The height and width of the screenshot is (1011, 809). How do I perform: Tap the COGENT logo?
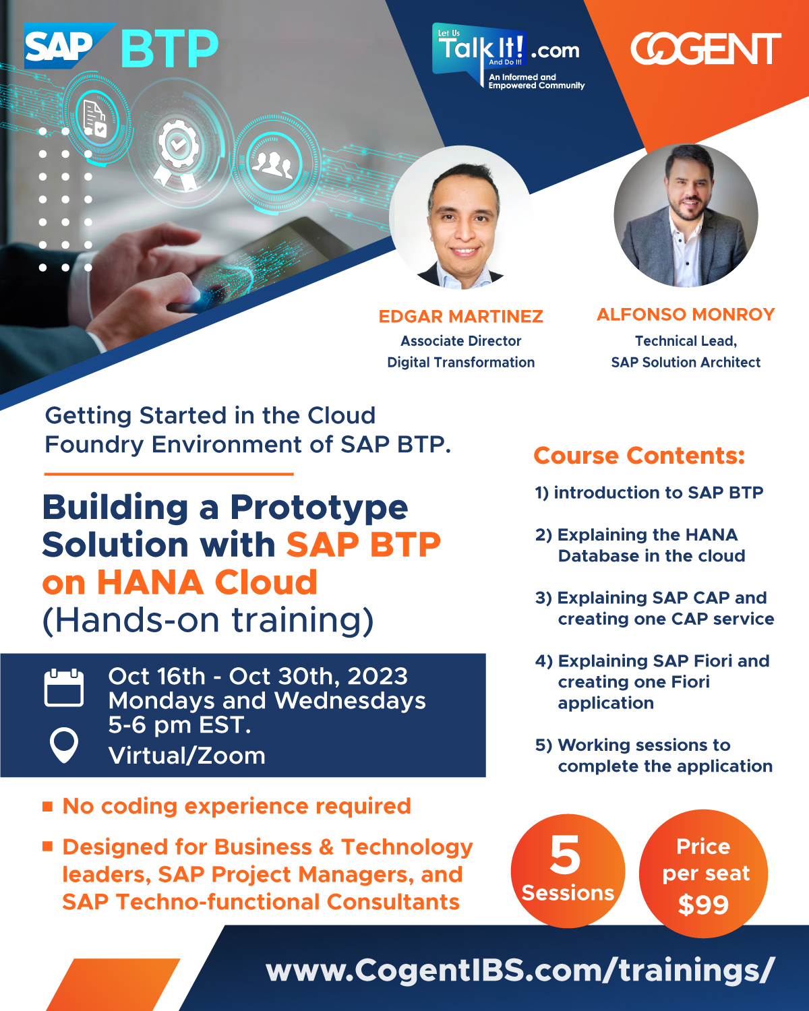point(705,49)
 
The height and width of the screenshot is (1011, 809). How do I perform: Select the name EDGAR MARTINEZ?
point(460,317)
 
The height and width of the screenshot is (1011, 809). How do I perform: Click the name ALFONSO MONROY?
point(686,314)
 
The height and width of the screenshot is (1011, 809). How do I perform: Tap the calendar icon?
point(64,687)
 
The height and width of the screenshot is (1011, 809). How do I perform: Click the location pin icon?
point(64,745)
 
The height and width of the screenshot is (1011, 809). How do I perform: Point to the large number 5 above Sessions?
point(565,855)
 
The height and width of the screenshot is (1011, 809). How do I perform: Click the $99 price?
point(703,905)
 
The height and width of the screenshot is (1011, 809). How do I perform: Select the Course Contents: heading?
point(639,456)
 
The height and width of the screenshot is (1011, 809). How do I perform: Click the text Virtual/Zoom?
point(187,756)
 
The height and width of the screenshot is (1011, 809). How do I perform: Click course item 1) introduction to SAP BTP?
point(649,492)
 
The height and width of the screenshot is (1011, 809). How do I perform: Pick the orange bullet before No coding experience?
point(47,807)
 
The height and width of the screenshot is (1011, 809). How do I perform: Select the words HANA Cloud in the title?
point(207,582)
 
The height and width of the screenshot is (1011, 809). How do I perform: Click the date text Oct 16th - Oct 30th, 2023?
point(258,677)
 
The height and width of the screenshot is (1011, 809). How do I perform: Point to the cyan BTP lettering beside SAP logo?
point(170,49)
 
